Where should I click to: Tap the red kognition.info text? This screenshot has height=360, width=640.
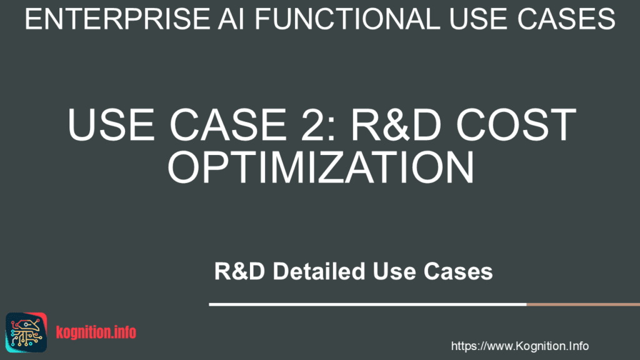(x=96, y=332)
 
